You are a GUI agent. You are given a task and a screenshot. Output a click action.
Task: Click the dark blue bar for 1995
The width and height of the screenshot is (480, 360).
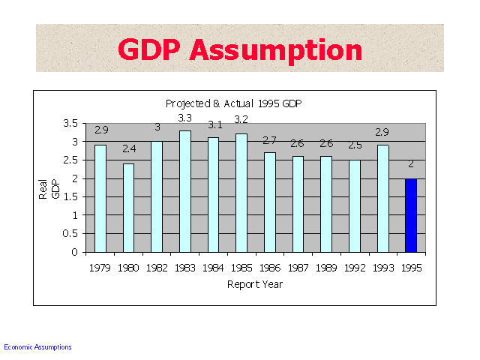[x=411, y=215]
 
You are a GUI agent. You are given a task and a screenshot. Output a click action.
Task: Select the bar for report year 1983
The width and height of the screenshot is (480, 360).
[x=185, y=192]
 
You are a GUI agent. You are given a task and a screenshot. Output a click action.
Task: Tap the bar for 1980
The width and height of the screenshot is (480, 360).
[x=128, y=208]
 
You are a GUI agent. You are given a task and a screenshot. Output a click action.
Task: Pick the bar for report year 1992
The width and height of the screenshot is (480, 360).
[x=355, y=206]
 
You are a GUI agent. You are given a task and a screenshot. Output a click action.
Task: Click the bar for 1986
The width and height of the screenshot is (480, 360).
[x=270, y=202]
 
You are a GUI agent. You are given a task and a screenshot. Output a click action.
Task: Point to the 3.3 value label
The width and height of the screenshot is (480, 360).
[x=185, y=118]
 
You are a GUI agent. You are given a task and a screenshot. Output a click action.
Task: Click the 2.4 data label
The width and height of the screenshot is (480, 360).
[x=129, y=148]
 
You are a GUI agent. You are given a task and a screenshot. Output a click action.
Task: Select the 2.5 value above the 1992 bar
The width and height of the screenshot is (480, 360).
[x=355, y=145]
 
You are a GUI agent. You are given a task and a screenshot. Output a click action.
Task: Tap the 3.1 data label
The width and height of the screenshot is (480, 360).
[x=215, y=125]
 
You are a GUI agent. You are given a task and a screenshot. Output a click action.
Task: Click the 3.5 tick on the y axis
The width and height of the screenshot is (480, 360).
[x=70, y=123]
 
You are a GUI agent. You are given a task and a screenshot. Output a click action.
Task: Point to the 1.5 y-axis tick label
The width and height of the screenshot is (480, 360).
[x=70, y=196]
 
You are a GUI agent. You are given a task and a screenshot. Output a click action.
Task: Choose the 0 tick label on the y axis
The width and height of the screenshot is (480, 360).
[x=75, y=252]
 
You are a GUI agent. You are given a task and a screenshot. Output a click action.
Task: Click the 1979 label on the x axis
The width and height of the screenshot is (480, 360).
[x=100, y=268]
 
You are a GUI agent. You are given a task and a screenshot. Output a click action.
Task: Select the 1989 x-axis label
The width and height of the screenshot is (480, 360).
[x=326, y=268]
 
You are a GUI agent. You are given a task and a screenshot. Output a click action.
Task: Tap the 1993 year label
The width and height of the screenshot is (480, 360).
[x=383, y=268]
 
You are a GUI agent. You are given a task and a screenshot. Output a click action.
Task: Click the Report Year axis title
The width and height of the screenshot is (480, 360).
[x=255, y=285]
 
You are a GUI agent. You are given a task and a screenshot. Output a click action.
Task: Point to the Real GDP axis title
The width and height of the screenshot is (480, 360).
[x=49, y=189]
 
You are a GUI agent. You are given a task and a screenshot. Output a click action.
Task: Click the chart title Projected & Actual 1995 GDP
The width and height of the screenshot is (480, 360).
[x=233, y=103]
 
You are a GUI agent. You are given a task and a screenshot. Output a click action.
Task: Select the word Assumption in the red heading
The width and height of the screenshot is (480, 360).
[x=276, y=51]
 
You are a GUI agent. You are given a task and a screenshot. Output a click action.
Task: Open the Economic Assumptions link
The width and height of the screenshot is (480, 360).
[x=37, y=347]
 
